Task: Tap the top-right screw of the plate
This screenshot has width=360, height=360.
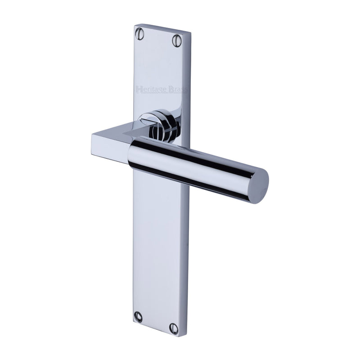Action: [x=177, y=40]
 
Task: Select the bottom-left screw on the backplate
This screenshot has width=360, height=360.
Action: [x=138, y=317]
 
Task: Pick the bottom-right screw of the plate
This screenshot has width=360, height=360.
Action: [x=174, y=328]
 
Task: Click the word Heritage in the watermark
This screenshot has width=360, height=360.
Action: [x=151, y=89]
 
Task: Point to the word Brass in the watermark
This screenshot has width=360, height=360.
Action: [x=177, y=89]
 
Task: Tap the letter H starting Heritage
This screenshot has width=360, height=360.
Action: [x=139, y=89]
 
